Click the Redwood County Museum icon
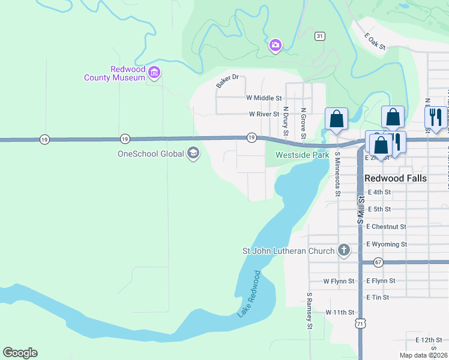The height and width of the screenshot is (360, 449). pyautogui.click(x=154, y=73)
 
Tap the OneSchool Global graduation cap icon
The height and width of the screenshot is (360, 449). pyautogui.click(x=193, y=154)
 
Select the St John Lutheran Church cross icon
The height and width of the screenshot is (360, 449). pyautogui.click(x=343, y=250)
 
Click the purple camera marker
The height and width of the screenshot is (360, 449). pyautogui.click(x=276, y=45)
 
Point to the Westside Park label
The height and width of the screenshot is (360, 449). pyautogui.click(x=303, y=155)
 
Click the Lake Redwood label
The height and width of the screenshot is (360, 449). pyautogui.click(x=249, y=293)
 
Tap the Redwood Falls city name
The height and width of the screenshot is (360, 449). pyautogui.click(x=396, y=178)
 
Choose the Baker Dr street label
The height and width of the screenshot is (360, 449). pyautogui.click(x=228, y=81)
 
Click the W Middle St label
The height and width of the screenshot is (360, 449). pyautogui.click(x=264, y=98)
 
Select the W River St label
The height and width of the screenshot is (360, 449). pyautogui.click(x=264, y=113)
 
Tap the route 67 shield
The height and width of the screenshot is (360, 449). pyautogui.click(x=378, y=262)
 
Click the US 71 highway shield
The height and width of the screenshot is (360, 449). pyautogui.click(x=360, y=324)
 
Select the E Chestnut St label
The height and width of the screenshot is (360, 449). pyautogui.click(x=386, y=227)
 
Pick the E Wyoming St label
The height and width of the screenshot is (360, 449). pyautogui.click(x=387, y=244)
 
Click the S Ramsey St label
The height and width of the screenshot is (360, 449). pyautogui.click(x=310, y=311)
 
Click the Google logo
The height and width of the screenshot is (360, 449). pyautogui.click(x=20, y=353)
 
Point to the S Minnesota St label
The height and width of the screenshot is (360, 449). pyautogui.click(x=337, y=173)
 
